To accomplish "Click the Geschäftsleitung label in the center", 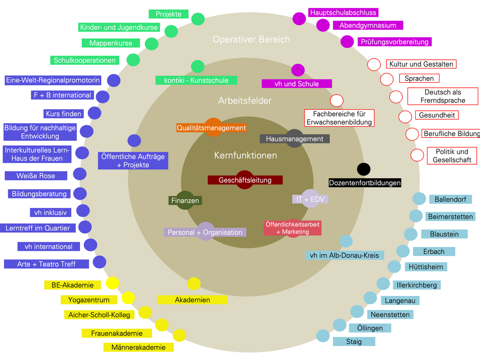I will pyautogui.click(x=245, y=180).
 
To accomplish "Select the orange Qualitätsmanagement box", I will pyautogui.click(x=211, y=128).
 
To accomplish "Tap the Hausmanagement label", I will pyautogui.click(x=295, y=139).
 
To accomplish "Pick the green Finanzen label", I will pyautogui.click(x=185, y=201).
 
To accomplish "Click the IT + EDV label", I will pyautogui.click(x=310, y=199).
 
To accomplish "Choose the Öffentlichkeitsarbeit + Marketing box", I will pyautogui.click(x=292, y=228).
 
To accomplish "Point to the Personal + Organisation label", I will pyautogui.click(x=205, y=232).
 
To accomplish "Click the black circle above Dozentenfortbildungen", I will pyautogui.click(x=363, y=169).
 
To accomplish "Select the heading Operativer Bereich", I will pyautogui.click(x=251, y=39).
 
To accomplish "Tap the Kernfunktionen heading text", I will pyautogui.click(x=245, y=156).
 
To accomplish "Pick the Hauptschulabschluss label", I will pyautogui.click(x=343, y=13).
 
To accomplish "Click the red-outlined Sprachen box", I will pyautogui.click(x=419, y=78).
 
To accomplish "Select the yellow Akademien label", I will pyautogui.click(x=193, y=300).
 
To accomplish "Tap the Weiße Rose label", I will pyautogui.click(x=36, y=175).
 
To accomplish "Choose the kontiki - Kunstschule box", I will pyautogui.click(x=196, y=81).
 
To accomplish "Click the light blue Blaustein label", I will pyautogui.click(x=444, y=234).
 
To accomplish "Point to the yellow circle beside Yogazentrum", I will pyautogui.click(x=128, y=297).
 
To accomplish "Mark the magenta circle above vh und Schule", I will pyautogui.click(x=298, y=70).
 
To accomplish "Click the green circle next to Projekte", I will pyautogui.click(x=198, y=19).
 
